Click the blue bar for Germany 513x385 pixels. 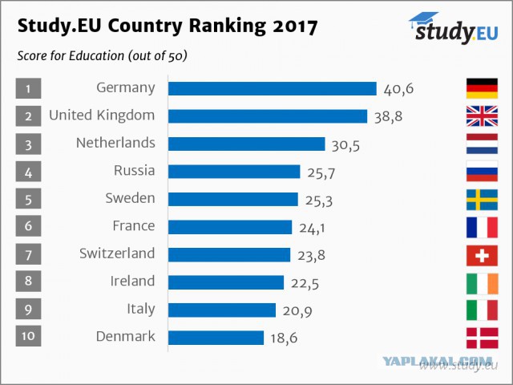click(273, 88)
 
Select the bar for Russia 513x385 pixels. click(234, 172)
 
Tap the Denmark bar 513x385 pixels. click(216, 338)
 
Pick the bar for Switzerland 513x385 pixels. click(229, 255)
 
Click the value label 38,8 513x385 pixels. click(388, 117)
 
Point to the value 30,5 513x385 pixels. click(345, 145)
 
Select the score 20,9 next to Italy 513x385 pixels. click(297, 310)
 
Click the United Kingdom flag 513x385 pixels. click(482, 115)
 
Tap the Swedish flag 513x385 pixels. click(482, 200)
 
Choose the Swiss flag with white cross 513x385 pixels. click(482, 255)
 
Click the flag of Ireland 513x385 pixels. click(482, 283)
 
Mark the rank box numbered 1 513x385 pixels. click(29, 88)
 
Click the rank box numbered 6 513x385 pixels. click(29, 226)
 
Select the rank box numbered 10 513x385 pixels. click(29, 336)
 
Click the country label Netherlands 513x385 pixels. click(115, 143)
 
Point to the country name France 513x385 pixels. click(134, 225)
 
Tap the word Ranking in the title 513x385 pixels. click(228, 26)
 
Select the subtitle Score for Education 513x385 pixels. click(71, 55)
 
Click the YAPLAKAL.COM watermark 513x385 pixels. click(437, 361)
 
